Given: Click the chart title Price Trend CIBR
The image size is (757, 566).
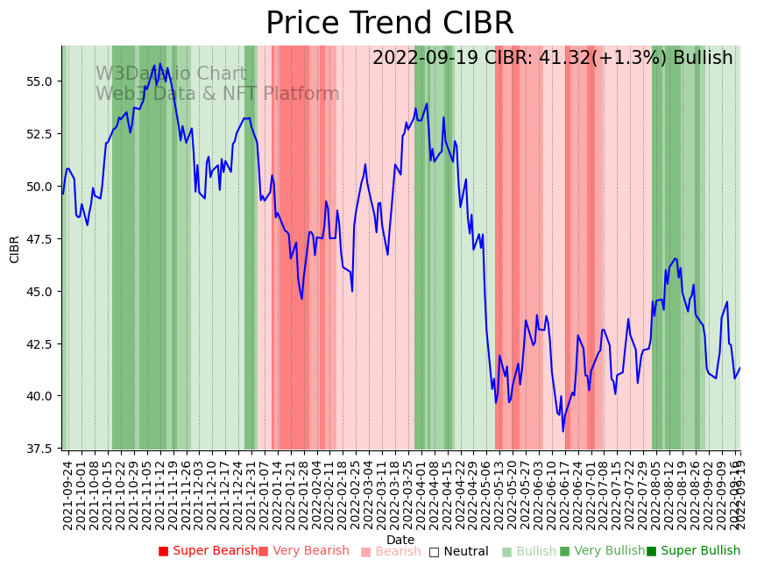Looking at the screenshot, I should [389, 24].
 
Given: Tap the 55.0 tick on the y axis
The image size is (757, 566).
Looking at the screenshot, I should [40, 81].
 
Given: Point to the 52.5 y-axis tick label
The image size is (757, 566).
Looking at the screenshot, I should [40, 134].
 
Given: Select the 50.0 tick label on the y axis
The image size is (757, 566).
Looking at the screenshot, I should [40, 187].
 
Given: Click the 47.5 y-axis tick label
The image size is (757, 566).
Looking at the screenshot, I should [40, 239].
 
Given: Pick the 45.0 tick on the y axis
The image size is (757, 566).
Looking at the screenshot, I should [40, 292].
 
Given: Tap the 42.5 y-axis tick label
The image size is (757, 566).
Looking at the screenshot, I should [40, 344].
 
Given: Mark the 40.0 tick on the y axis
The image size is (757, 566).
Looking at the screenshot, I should [40, 396].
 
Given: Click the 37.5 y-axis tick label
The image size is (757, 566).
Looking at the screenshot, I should [40, 449].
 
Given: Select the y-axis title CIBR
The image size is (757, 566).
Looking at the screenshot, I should [15, 249].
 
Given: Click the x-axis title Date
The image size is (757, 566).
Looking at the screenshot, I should [400, 540].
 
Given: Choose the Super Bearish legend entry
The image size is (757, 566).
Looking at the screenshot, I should [209, 551].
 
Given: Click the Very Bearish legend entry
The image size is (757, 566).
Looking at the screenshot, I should [304, 551].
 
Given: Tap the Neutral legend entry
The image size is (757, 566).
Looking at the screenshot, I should [459, 551].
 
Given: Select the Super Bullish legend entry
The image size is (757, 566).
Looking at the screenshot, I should [694, 551].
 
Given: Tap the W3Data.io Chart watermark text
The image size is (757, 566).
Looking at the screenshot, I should [171, 74].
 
